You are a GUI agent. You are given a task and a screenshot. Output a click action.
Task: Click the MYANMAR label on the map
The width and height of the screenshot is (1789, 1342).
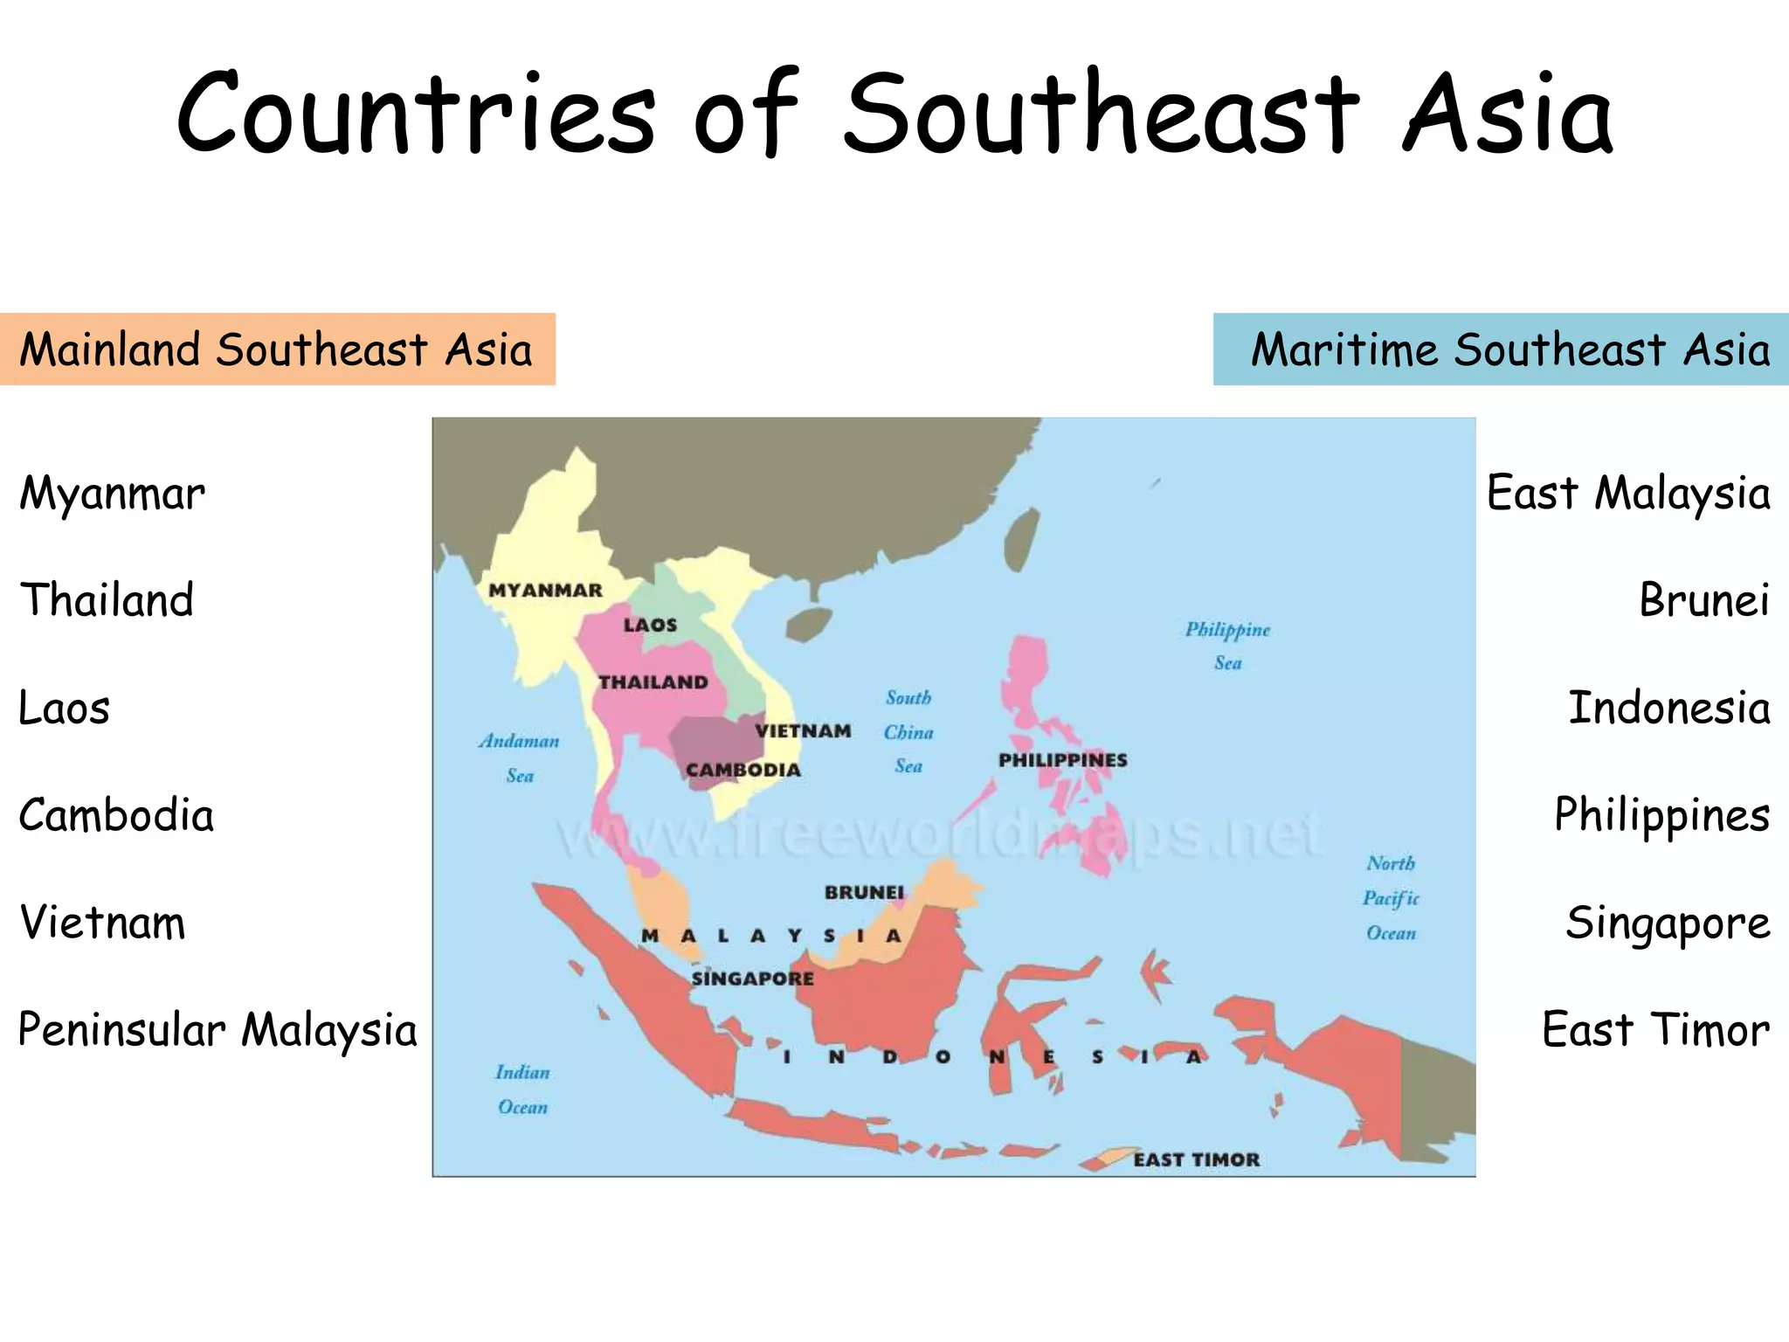(545, 591)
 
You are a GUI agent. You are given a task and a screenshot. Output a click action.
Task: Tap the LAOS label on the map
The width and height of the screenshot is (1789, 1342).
(650, 626)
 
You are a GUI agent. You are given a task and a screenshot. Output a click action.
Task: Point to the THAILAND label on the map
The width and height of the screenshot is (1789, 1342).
(653, 682)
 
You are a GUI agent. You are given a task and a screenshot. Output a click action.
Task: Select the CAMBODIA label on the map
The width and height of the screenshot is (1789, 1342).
(743, 770)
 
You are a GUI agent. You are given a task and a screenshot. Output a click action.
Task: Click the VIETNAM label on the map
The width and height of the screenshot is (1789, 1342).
(803, 731)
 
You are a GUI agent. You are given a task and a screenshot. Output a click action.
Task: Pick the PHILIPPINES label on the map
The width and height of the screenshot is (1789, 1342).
(1062, 760)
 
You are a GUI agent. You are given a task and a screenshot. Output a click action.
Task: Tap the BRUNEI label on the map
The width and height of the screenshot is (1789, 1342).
(864, 892)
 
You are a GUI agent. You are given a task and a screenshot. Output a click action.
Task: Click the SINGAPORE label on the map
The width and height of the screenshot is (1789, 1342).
(752, 979)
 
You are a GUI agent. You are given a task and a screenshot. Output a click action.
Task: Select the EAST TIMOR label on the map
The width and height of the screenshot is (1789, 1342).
(1196, 1159)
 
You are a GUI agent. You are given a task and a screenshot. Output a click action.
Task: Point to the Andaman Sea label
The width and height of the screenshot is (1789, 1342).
(519, 757)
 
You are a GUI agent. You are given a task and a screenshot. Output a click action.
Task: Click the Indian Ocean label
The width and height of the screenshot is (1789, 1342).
(522, 1090)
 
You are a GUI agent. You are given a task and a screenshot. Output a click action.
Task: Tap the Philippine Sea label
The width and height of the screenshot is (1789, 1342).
(1227, 646)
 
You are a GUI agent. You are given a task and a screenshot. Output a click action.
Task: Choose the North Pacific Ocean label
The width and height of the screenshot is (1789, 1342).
(1391, 898)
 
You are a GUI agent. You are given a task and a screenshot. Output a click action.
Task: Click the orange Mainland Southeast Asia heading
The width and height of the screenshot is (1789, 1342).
(276, 349)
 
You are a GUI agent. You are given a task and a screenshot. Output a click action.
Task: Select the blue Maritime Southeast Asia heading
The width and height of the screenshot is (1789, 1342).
(1509, 349)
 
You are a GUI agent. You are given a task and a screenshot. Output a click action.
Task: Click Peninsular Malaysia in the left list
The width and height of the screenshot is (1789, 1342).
(218, 1030)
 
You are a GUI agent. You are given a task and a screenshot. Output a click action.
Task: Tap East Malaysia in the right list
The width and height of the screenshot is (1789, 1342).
(1628, 494)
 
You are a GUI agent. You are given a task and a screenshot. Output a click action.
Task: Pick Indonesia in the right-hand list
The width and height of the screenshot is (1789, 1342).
(1668, 709)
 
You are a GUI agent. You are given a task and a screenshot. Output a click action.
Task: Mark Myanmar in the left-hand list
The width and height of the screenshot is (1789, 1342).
(112, 494)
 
